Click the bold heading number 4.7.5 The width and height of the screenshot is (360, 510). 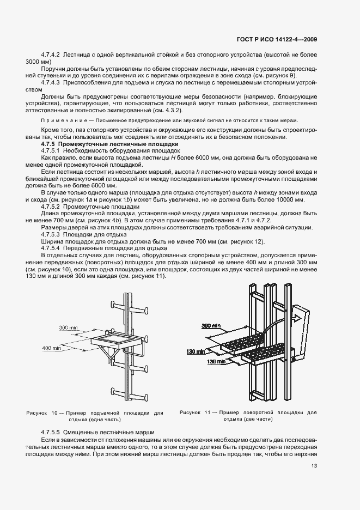click(51, 144)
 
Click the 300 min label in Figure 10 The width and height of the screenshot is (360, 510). click(68, 328)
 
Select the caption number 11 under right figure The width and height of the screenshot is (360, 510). click(209, 413)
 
